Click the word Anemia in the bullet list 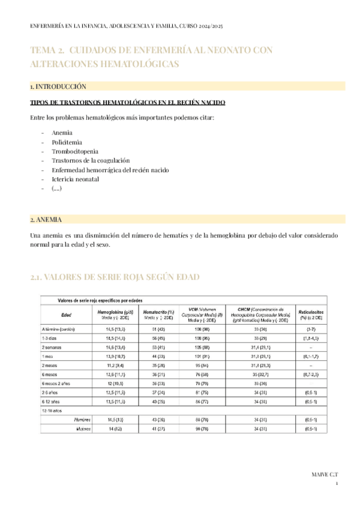coord(62,133)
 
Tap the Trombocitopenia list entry coord(75,151)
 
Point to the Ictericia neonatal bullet coord(75,179)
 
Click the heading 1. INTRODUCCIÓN coord(58,86)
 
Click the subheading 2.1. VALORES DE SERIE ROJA coord(115,277)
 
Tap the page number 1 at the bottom coord(337,484)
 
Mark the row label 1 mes coord(47,357)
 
